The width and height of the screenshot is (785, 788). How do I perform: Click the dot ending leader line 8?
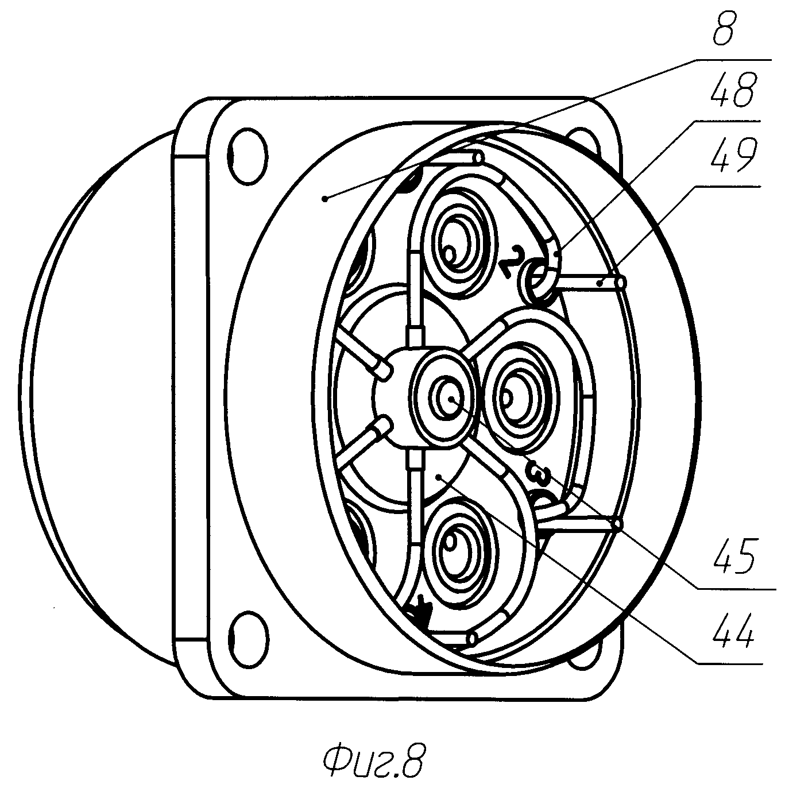point(325,198)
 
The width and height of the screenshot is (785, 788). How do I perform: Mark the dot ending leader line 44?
point(438,476)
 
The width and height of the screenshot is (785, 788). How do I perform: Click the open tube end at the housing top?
point(476,157)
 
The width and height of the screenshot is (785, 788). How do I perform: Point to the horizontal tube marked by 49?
point(591,283)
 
